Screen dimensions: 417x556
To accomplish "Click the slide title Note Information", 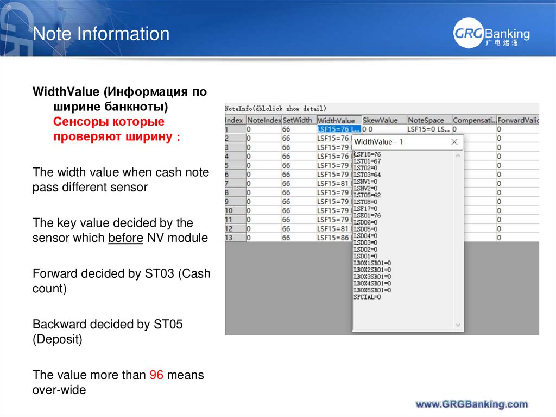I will (101, 34).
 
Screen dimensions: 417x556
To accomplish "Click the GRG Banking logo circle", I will (467, 34).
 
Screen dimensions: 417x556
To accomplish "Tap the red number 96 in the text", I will (156, 375).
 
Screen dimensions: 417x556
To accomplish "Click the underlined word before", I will (125, 238).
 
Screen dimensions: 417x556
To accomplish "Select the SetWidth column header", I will (298, 120).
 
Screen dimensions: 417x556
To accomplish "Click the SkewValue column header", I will (380, 120).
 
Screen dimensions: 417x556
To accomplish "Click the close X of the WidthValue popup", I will (454, 142).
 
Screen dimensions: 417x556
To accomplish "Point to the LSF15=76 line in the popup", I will (368, 154).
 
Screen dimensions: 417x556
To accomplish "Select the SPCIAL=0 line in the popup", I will (368, 297).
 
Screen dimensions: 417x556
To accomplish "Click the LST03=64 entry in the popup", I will (368, 175).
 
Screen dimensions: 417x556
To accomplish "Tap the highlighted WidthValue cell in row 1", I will (338, 129).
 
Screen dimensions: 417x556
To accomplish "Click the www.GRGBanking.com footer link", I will (471, 404).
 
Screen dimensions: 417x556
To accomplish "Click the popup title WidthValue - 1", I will (378, 142).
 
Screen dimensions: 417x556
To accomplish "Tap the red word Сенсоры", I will (76, 121).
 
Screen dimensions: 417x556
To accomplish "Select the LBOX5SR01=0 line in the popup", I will (372, 290).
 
